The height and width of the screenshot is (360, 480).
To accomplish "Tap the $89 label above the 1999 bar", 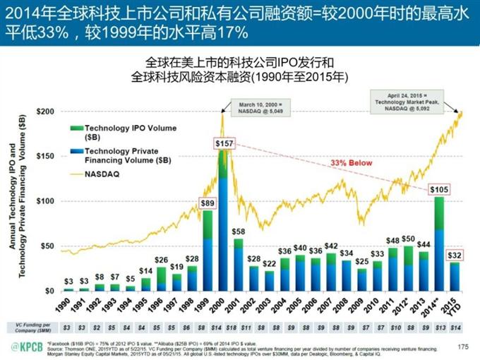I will pos(207,203).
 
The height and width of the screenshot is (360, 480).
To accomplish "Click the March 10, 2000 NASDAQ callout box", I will pos(264,107).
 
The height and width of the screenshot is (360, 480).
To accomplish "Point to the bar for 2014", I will pos(438,244).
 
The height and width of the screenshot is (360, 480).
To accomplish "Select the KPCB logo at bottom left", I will pos(28,346).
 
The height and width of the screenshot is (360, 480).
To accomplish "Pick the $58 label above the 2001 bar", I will pos(239,232).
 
